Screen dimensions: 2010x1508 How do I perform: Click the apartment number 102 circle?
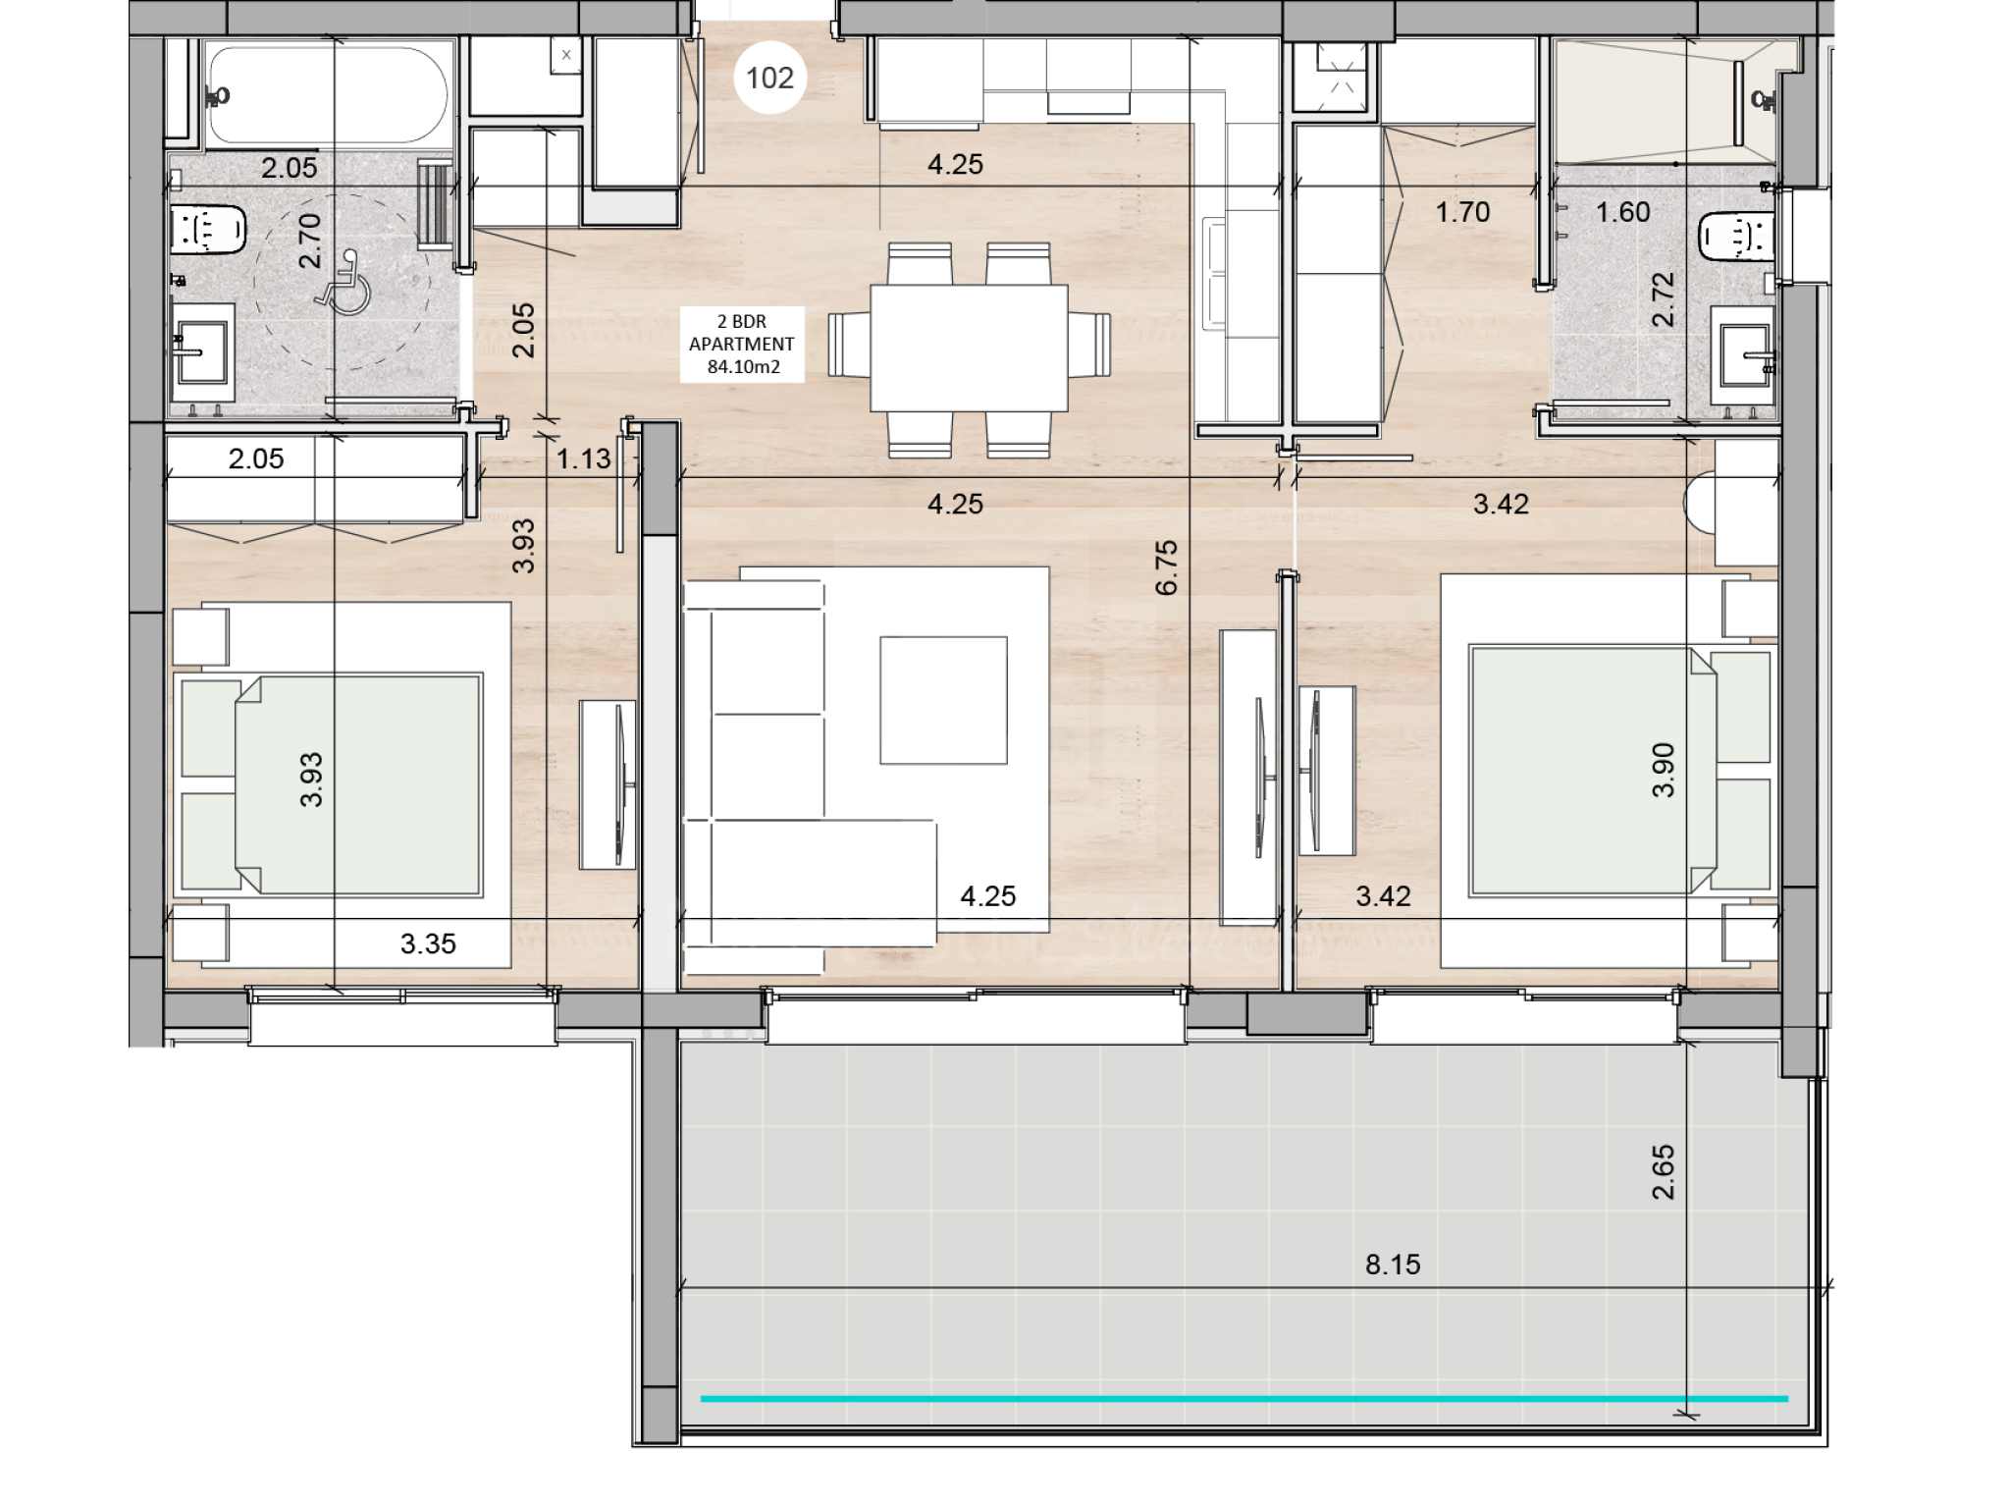coord(769,78)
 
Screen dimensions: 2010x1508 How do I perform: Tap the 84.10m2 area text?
coord(743,367)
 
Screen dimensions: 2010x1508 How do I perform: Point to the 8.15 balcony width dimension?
coord(1393,1264)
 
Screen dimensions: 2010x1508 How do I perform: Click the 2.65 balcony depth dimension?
coord(1663,1172)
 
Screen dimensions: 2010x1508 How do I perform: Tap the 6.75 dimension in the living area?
coord(1166,567)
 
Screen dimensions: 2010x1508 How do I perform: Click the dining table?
coord(969,348)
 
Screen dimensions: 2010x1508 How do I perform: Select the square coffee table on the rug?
coord(943,700)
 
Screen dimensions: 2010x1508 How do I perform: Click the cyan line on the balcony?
coord(1243,1398)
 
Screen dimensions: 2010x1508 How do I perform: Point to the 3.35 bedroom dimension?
coord(428,943)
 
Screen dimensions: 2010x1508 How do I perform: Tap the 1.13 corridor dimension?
coord(584,458)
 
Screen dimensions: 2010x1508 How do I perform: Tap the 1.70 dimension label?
coord(1462,212)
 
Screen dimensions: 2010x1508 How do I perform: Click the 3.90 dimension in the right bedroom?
coord(1663,771)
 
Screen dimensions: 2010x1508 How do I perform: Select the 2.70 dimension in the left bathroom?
coord(309,241)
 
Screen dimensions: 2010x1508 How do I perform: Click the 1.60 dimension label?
coord(1622,212)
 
